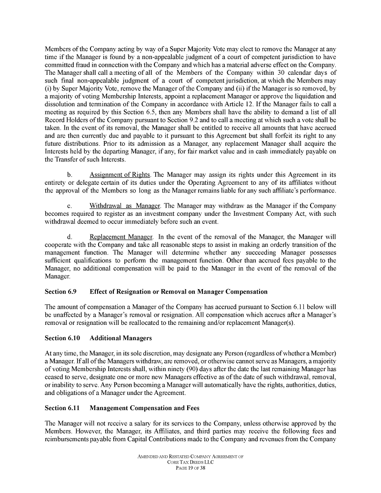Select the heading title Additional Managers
pos(120,338)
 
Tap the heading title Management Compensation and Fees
pos(144,408)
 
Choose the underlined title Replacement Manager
pos(121,237)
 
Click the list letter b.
pos(70,174)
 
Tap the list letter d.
pos(70,237)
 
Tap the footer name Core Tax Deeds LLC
pos(190,463)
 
